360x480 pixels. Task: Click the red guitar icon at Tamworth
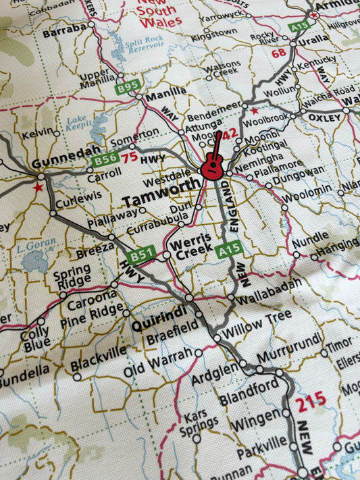click(213, 161)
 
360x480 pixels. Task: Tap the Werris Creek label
click(192, 247)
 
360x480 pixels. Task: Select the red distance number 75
click(130, 157)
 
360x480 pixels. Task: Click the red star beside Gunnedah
click(38, 187)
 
